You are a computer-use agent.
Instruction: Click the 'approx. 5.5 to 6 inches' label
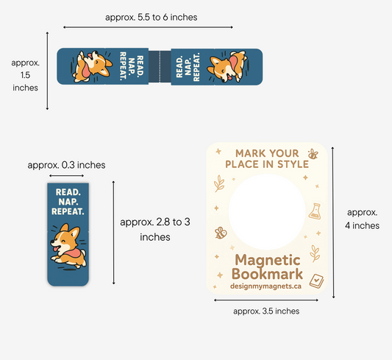point(152,17)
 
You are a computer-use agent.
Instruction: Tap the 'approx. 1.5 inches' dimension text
point(25,75)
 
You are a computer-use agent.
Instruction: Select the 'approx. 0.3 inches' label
point(66,165)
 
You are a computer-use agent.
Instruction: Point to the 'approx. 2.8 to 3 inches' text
point(155,229)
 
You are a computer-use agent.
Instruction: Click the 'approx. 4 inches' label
point(363,219)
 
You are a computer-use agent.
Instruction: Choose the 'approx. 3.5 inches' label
point(266,311)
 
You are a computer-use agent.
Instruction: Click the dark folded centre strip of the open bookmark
point(160,66)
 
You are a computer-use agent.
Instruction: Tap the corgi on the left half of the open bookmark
point(92,66)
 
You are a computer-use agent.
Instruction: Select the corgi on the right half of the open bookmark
point(228,66)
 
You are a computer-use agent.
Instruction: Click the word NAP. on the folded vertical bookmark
point(68,202)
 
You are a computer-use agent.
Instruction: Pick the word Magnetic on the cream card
point(268,260)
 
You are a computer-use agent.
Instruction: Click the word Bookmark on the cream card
point(267,274)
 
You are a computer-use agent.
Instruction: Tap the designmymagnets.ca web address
point(266,286)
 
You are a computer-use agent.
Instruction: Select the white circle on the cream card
point(267,211)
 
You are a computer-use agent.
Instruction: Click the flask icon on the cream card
point(315,211)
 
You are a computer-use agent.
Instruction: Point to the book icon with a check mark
point(316,281)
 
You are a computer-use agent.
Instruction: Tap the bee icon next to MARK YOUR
point(313,154)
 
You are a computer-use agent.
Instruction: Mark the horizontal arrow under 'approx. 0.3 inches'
point(66,176)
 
